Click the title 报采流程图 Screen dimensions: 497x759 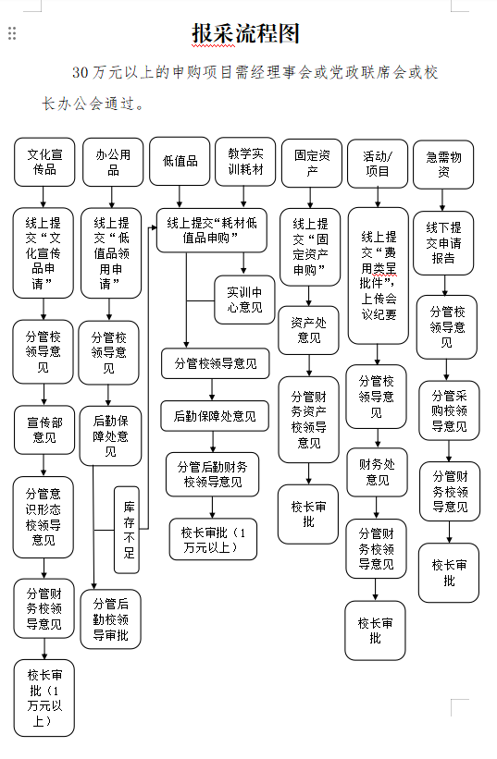[245, 34]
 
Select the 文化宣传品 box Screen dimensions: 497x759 [44, 162]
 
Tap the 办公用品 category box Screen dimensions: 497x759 [113, 162]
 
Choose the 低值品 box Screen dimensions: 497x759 [180, 161]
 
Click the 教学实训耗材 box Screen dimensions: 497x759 [245, 161]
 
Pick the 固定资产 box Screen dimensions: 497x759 [312, 163]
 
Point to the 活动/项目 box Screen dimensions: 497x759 [378, 164]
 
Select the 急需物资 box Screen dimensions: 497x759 [443, 165]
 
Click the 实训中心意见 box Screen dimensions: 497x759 [244, 300]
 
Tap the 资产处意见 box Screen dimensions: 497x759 [308, 330]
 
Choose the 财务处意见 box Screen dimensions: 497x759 [377, 472]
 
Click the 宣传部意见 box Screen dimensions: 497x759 [44, 430]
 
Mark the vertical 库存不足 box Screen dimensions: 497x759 [127, 530]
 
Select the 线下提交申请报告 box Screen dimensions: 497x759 [443, 243]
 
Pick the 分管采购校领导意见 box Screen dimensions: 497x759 [449, 410]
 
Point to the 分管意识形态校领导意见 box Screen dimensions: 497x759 [43, 517]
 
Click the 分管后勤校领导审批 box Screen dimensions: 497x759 [110, 619]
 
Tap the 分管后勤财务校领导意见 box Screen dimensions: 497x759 [212, 474]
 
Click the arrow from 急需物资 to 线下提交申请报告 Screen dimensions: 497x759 [442, 201]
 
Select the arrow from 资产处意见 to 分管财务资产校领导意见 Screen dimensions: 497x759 [308, 366]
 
